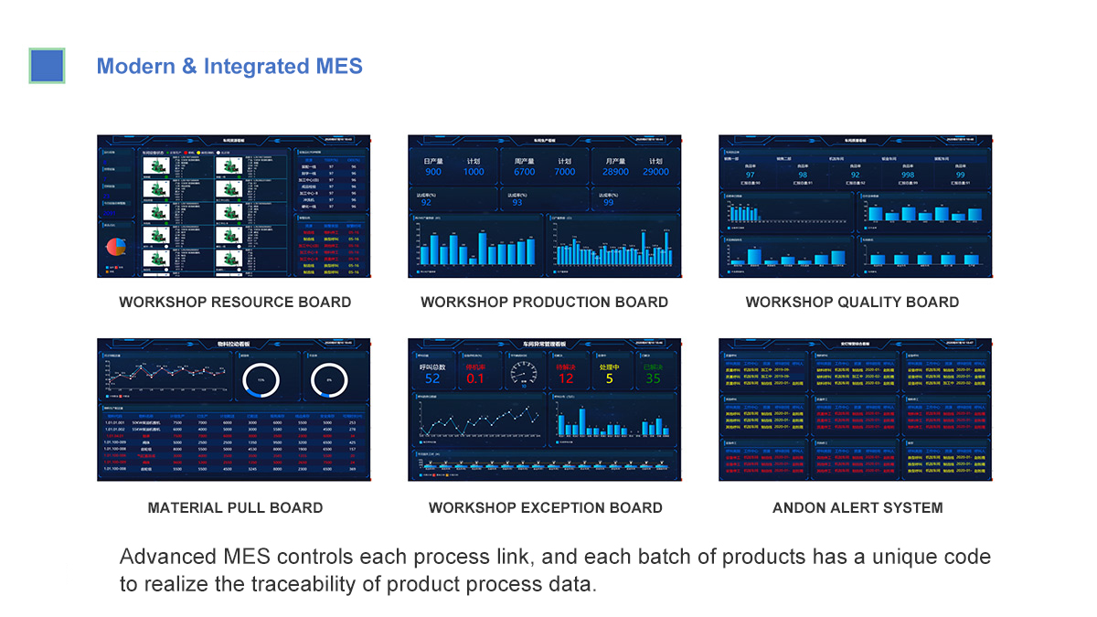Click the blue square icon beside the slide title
(x=47, y=66)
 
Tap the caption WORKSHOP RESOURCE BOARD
(x=235, y=303)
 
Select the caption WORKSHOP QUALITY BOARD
(x=852, y=303)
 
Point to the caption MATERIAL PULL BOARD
(x=235, y=508)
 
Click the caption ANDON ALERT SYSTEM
(x=857, y=508)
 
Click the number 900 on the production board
(x=432, y=172)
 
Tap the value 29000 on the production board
(x=655, y=172)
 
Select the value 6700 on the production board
(x=524, y=172)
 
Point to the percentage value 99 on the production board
(x=608, y=202)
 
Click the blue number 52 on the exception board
(x=432, y=378)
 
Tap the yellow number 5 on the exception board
(x=609, y=378)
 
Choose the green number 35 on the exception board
(x=652, y=378)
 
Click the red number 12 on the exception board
(x=566, y=378)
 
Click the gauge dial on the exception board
(x=523, y=373)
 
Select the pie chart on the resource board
(x=115, y=247)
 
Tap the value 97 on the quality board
(x=750, y=175)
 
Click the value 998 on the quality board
(x=907, y=175)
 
